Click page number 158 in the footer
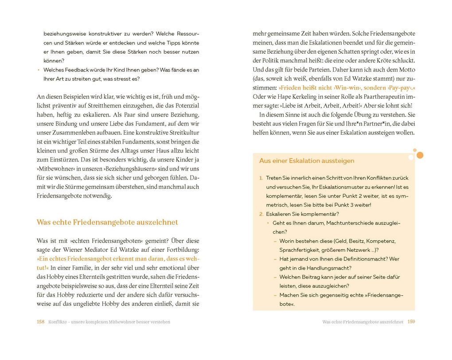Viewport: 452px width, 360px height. (40, 322)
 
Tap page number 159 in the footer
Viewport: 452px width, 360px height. (411, 322)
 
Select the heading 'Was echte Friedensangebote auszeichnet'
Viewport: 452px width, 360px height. (107, 222)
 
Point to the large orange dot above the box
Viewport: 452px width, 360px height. (420, 155)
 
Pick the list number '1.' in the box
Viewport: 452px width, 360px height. (261, 178)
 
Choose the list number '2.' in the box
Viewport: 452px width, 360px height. (261, 214)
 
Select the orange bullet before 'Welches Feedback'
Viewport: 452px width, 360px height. (39, 70)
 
